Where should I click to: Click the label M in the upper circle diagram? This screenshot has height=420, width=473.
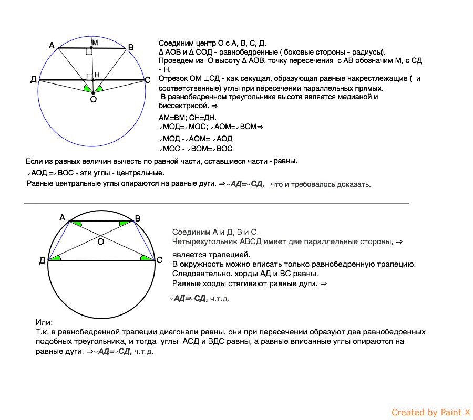click(x=95, y=41)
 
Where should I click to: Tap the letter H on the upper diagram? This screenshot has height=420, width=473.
click(x=96, y=75)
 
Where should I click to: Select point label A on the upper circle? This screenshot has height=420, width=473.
click(x=52, y=46)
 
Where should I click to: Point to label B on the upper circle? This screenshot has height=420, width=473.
click(x=131, y=48)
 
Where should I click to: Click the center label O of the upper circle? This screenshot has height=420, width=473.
click(x=93, y=99)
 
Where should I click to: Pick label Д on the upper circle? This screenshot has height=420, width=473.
click(x=33, y=79)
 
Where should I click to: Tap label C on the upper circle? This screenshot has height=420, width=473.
click(x=148, y=80)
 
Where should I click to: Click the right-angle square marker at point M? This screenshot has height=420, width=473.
click(x=89, y=51)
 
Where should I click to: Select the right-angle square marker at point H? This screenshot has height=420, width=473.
click(x=90, y=77)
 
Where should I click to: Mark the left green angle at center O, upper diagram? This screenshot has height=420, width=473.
click(x=87, y=89)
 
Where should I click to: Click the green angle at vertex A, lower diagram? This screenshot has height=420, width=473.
click(x=77, y=224)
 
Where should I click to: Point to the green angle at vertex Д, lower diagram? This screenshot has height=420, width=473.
click(x=56, y=257)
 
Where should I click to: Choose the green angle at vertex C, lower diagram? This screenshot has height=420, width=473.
click(x=145, y=257)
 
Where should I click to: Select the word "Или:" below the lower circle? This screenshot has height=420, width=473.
click(x=44, y=322)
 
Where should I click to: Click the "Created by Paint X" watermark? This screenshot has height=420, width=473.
click(x=430, y=413)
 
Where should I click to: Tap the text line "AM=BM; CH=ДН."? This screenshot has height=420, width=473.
click(x=187, y=118)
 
